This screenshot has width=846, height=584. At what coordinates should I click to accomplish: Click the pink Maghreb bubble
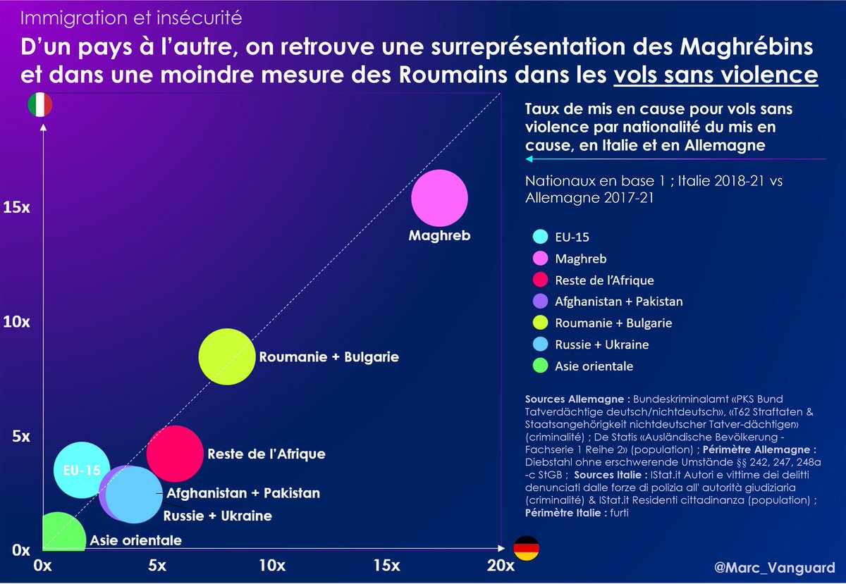point(439,199)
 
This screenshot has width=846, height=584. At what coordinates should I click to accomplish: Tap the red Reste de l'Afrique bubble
point(175,454)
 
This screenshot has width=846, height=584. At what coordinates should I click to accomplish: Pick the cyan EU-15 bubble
point(82,469)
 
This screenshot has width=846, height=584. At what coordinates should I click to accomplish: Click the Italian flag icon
point(40,105)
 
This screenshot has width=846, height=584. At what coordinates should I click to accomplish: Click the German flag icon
point(525,547)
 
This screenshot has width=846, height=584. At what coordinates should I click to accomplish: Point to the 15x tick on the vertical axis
point(16,209)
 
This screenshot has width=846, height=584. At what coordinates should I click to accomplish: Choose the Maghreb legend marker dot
point(541,259)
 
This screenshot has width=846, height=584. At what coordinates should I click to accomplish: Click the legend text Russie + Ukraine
point(603,344)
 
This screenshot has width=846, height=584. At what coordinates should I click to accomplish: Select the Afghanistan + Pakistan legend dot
point(541,302)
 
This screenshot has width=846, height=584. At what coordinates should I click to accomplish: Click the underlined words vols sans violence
point(716,75)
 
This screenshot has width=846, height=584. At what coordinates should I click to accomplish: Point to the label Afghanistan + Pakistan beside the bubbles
point(243,493)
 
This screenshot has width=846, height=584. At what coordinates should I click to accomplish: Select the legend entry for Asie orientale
point(594,366)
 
